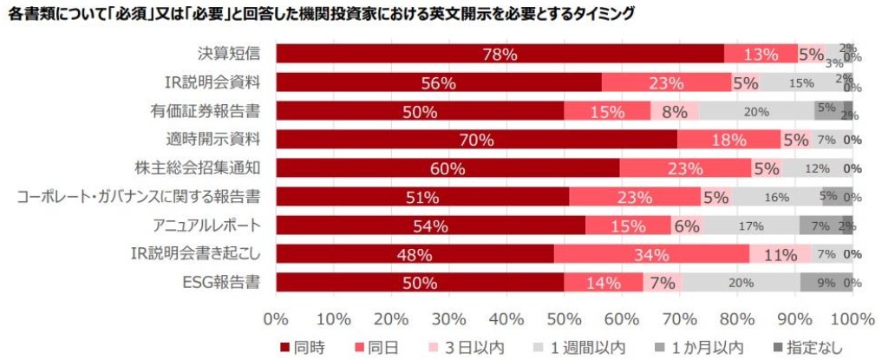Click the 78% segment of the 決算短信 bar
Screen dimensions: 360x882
click(500, 54)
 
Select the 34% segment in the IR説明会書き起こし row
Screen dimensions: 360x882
click(651, 254)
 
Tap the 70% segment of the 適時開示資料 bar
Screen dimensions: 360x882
click(477, 140)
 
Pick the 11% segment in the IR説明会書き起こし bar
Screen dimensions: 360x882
click(780, 254)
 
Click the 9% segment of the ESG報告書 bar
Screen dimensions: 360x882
click(826, 283)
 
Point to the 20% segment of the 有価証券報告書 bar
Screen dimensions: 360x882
click(756, 111)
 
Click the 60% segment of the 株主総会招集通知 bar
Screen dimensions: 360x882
click(448, 168)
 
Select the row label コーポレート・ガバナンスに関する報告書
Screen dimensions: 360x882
click(141, 197)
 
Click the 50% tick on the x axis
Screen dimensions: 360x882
click(564, 316)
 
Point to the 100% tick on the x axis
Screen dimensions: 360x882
click(852, 316)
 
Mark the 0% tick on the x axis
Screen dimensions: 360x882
click(276, 316)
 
